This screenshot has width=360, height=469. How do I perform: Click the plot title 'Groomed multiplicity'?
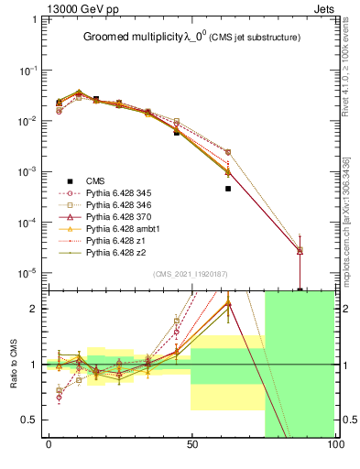coord(129,38)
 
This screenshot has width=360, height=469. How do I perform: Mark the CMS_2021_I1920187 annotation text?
coord(191,273)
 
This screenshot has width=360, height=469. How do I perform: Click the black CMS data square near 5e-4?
coord(228,189)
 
